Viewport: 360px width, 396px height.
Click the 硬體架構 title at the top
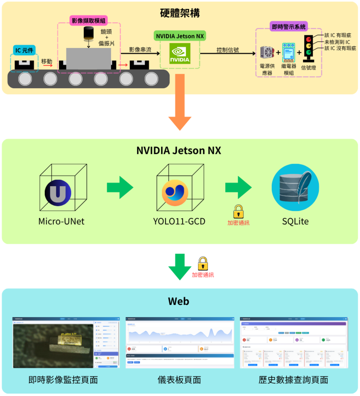click(180, 13)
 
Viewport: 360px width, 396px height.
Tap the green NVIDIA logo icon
click(180, 53)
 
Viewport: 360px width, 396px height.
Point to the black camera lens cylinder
click(89, 33)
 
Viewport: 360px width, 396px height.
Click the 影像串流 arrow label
click(140, 50)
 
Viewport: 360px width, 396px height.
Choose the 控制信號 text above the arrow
click(227, 50)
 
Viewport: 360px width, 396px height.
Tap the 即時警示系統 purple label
click(289, 26)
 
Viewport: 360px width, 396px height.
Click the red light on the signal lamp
click(309, 39)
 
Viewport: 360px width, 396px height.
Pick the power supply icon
click(268, 53)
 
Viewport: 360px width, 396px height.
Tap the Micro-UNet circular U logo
click(58, 192)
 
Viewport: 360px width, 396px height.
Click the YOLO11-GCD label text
click(179, 221)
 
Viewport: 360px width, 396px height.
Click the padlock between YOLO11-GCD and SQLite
click(238, 212)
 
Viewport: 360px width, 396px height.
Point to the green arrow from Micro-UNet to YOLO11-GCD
click(120, 187)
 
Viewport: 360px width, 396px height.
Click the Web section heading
click(179, 301)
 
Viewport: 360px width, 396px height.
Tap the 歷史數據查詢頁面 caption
click(293, 379)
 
